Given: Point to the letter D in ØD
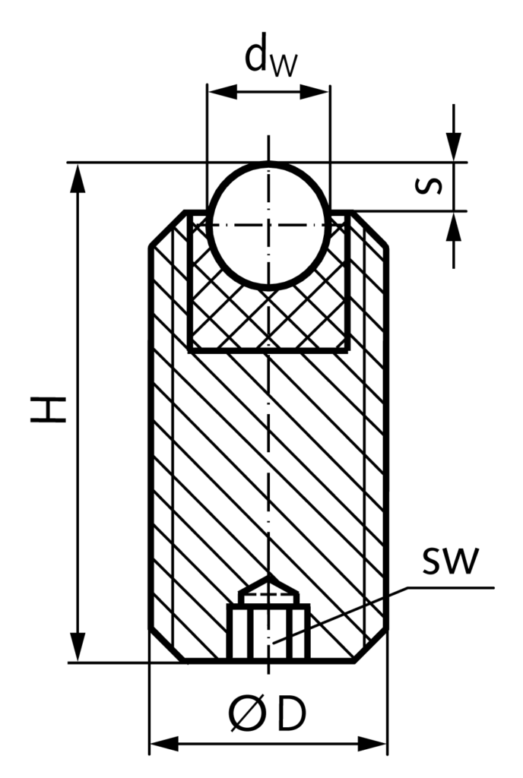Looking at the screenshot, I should point(291,715).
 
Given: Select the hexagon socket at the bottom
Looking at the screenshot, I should point(269,632).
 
